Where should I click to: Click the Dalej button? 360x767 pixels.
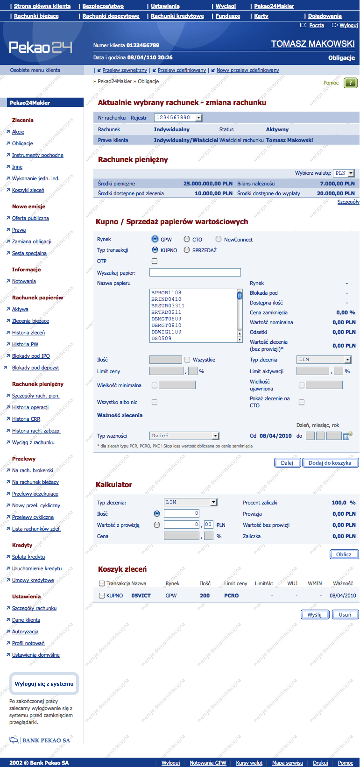coord(287,463)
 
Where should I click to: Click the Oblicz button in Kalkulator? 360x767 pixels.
coord(344,554)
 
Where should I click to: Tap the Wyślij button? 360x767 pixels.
coord(315,615)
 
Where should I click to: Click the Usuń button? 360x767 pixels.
coord(345,615)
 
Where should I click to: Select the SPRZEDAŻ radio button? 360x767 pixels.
coord(187,250)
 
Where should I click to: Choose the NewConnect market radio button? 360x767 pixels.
coord(219,239)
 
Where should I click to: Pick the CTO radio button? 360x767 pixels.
coord(187,239)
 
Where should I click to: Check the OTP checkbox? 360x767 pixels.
coord(155,261)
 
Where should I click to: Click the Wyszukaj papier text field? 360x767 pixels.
coord(195,272)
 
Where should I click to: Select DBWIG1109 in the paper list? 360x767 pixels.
coord(166,332)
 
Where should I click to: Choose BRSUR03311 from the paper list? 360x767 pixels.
coord(168,306)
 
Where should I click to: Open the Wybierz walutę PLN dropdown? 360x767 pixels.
coord(345,173)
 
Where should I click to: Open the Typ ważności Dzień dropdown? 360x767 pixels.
coord(184,436)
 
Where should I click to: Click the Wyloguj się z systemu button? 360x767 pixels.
coord(44,684)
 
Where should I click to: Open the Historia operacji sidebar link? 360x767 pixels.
coord(30,407)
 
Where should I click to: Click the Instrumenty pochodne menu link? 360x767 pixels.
coord(38,155)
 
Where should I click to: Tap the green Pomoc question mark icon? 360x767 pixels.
coord(350,83)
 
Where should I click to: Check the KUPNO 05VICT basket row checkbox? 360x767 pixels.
coord(102,596)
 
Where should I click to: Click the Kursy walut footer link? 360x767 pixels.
coord(249,763)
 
